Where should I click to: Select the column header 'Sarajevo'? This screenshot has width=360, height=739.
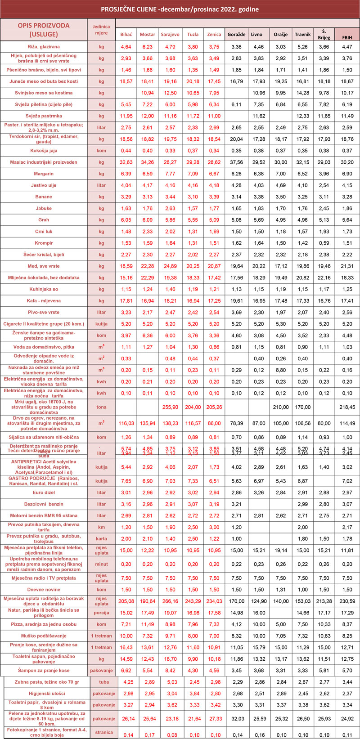(170, 34)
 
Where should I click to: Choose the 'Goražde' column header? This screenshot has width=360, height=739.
(236, 34)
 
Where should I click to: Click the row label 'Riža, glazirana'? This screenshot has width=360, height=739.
(44, 46)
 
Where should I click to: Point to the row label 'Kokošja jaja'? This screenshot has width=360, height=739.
(44, 150)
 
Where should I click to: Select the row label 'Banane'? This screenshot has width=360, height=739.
(44, 197)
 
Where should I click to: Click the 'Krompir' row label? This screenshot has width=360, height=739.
(44, 243)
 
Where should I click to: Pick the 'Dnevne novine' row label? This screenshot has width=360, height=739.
(44, 590)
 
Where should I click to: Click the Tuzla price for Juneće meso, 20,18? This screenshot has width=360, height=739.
(193, 81)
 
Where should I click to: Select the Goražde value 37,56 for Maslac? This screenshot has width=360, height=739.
(236, 161)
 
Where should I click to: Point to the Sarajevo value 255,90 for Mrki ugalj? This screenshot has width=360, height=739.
(170, 407)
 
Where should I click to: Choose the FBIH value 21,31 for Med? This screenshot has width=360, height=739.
(347, 266)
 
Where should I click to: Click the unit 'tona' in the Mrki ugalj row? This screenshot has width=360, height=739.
(101, 407)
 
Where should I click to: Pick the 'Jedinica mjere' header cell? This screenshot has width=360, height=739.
(101, 29)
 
